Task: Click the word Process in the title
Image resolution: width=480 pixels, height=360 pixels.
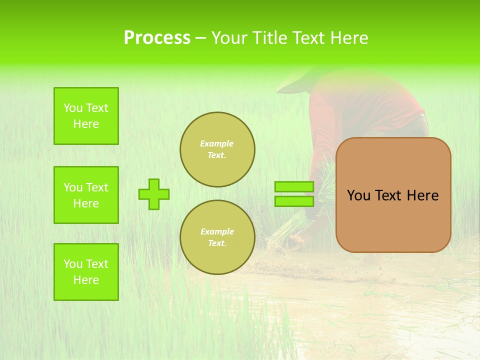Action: tap(157, 38)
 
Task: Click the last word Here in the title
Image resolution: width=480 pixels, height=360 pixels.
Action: tap(349, 38)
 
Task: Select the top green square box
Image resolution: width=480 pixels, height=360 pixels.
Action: tap(86, 116)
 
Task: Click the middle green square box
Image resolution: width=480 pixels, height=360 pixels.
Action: tap(86, 195)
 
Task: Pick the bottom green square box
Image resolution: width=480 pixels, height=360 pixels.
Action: tap(86, 272)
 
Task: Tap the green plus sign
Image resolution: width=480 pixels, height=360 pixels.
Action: tap(154, 194)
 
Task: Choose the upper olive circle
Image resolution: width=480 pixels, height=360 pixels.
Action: tap(217, 149)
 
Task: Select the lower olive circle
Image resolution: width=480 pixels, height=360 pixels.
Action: tap(217, 237)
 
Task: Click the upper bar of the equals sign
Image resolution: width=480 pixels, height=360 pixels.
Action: tap(294, 187)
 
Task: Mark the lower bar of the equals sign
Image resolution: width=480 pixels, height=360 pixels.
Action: tap(294, 201)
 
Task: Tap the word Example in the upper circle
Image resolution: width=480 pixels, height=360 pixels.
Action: tap(217, 143)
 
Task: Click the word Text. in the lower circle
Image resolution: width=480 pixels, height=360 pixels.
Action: tap(217, 243)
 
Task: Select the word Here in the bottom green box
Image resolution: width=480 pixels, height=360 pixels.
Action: tap(86, 280)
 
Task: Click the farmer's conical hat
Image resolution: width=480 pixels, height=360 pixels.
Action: tap(295, 80)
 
